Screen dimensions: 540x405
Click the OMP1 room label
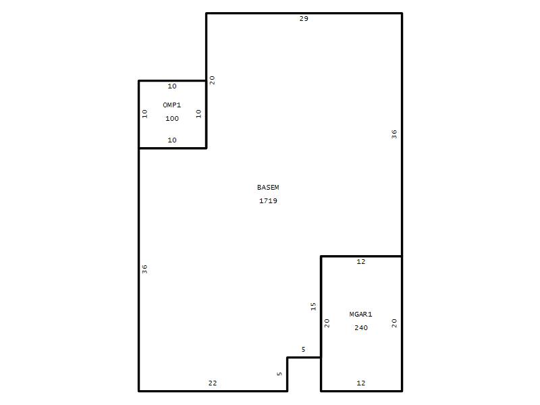click(172, 105)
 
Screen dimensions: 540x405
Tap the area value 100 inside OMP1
click(172, 119)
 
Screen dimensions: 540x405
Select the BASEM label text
click(268, 188)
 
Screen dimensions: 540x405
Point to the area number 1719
click(268, 200)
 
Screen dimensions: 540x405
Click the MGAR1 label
click(360, 314)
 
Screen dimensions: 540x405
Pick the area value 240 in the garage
click(361, 328)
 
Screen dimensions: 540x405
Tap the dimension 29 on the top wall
click(304, 19)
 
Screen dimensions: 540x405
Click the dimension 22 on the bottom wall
click(213, 383)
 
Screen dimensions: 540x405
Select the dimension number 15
click(313, 306)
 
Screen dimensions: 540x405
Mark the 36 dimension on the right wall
click(394, 134)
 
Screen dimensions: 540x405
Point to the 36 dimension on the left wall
click(144, 269)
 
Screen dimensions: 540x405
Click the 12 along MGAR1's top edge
click(361, 262)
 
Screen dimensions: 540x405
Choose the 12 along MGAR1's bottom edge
click(361, 383)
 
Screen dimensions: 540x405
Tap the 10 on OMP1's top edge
click(172, 86)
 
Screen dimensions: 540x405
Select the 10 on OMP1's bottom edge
click(172, 140)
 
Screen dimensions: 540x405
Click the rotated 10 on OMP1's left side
click(144, 113)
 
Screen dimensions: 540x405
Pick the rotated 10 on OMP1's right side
click(198, 113)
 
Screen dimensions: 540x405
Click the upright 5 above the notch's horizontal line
click(303, 350)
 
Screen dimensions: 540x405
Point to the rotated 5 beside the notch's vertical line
click(279, 374)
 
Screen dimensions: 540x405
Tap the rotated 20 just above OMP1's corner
click(212, 80)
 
